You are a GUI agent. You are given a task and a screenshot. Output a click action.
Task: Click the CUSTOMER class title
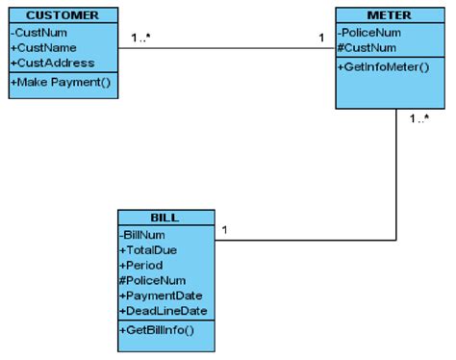62,15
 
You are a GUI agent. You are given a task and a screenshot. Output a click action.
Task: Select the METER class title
389,15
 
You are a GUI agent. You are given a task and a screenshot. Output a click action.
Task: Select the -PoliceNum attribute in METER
371,32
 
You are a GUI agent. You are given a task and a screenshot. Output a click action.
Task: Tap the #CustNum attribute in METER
367,47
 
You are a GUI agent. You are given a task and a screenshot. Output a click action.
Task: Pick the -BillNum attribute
143,234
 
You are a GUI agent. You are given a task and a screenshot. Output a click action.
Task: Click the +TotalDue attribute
149,248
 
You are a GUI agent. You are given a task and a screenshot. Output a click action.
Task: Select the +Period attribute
142,264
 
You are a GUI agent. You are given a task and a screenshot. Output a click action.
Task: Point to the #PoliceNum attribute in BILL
153,279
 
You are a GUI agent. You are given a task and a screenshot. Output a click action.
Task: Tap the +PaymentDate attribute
160,295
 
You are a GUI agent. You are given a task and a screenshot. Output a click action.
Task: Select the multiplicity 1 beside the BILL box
224,230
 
